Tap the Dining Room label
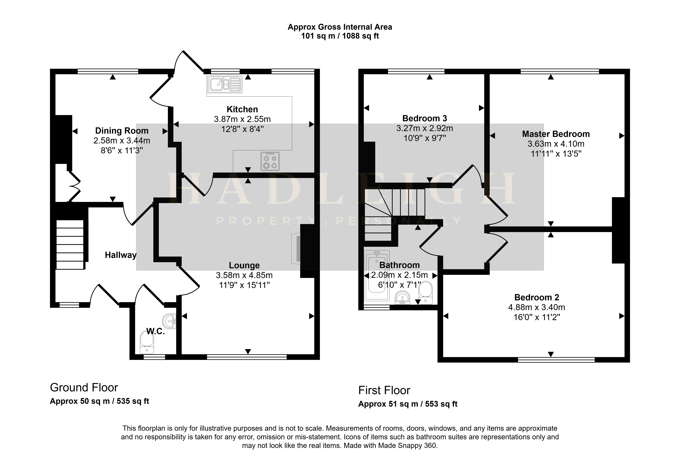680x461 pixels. coord(122,131)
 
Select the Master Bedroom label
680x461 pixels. coord(556,134)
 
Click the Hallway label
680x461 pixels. coord(121,255)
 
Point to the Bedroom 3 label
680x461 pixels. coord(425,118)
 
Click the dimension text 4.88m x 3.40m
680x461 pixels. coord(537,307)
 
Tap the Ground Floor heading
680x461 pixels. coord(84,388)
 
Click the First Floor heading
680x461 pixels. coord(384,390)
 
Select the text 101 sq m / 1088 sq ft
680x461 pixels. coord(340,36)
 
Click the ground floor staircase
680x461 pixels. coord(70,245)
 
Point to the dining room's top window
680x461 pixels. coord(108,71)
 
